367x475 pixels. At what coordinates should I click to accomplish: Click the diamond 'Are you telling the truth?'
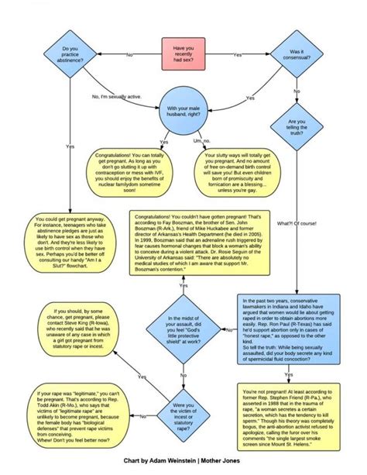click(x=297, y=127)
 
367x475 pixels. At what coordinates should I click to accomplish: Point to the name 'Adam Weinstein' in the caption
click(x=171, y=460)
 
